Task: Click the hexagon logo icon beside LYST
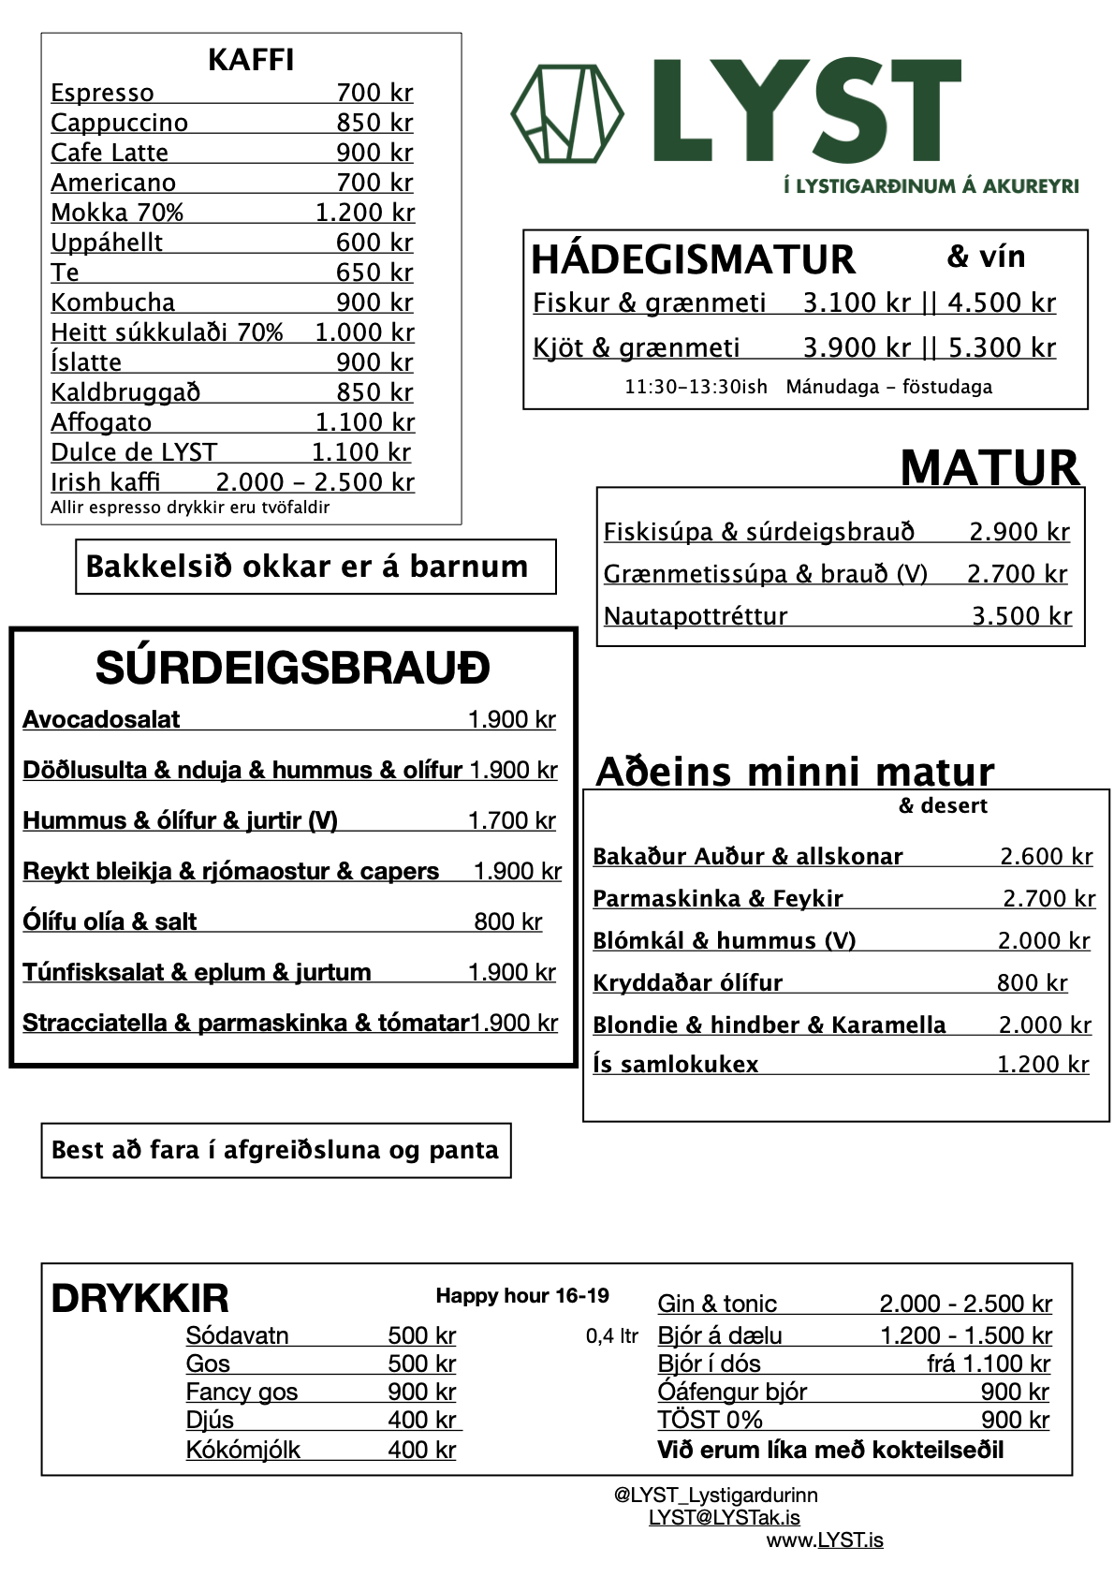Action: coord(566,113)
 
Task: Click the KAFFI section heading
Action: coord(251,60)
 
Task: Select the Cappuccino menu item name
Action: coord(119,123)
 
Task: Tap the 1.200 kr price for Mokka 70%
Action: coord(364,213)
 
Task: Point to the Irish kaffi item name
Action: coord(105,482)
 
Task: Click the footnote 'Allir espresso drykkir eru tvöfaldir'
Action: coord(190,508)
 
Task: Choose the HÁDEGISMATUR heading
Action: coord(693,259)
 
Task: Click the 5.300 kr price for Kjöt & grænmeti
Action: coord(1002,348)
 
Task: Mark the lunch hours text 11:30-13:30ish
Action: coord(696,387)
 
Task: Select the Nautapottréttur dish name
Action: coord(696,616)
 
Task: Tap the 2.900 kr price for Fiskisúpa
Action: coord(1019,532)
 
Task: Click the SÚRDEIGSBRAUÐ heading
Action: coord(292,669)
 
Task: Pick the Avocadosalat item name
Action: coord(101,719)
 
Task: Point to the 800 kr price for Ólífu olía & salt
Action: coord(507,921)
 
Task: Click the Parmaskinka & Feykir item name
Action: coord(718,899)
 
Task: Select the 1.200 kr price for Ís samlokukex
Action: coord(1042,1065)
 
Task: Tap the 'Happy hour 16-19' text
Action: coord(522,1296)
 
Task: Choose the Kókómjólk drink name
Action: coord(242,1450)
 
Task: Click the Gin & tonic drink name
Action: coord(717,1304)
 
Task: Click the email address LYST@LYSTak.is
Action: coord(724,1517)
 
